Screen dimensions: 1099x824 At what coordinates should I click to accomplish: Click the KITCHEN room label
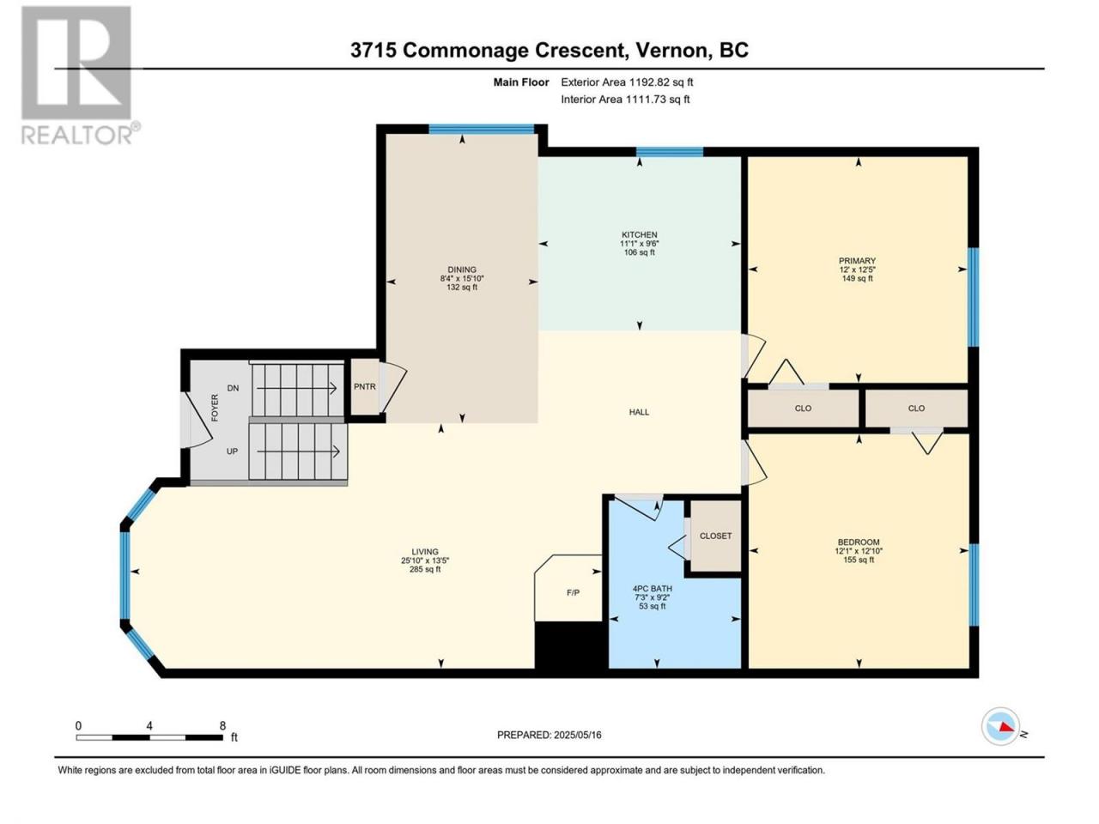640,234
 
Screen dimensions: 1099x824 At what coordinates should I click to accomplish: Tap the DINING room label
462,270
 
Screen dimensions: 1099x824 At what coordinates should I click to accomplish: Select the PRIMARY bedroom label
857,261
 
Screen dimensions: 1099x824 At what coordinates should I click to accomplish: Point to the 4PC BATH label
653,589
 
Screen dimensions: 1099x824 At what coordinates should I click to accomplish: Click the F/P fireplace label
574,593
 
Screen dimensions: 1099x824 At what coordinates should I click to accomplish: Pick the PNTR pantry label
365,387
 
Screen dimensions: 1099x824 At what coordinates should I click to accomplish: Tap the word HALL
639,412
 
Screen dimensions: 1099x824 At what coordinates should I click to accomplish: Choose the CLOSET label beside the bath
715,536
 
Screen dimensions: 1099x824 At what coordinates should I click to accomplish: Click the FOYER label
215,407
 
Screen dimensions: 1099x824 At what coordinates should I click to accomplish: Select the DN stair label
233,388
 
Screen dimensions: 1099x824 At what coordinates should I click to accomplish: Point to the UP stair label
232,451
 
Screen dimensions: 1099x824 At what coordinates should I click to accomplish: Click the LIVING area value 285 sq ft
425,569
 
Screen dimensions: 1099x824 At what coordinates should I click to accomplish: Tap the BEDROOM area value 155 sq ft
859,560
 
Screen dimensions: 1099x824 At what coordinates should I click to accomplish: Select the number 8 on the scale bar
222,725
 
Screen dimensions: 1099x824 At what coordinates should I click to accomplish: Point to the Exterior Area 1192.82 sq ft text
627,82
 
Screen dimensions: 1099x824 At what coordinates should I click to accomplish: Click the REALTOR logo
80,76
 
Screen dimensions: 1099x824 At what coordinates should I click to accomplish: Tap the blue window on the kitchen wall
670,152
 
